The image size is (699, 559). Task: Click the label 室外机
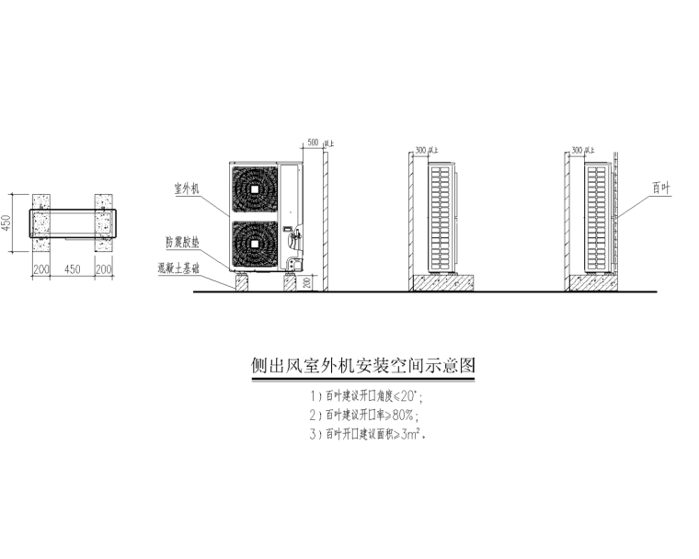point(188,188)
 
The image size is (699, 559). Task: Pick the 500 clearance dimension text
point(312,143)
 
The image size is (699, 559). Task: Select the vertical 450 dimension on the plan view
point(8,223)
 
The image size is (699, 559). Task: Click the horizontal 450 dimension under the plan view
point(74,269)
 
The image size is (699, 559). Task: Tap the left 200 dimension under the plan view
point(41,269)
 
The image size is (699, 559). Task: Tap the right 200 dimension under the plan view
point(105,269)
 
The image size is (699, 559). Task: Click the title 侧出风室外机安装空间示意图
point(364,366)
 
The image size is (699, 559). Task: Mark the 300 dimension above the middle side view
point(422,149)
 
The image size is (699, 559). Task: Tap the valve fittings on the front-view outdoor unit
point(295,241)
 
